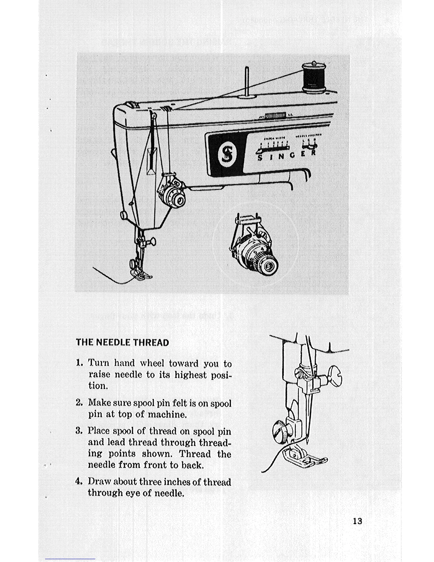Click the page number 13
(357, 521)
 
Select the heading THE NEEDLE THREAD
(122, 343)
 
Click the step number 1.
(79, 363)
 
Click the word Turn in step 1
(99, 363)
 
